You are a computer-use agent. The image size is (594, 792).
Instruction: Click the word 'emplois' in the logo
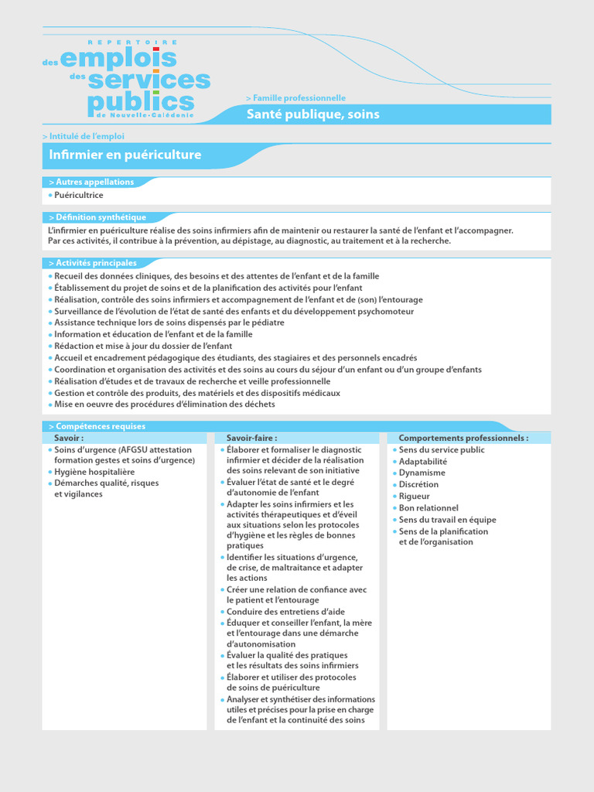click(x=118, y=58)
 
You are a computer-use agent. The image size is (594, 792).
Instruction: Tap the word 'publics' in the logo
click(x=141, y=102)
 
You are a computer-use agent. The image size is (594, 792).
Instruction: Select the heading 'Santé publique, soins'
click(x=312, y=114)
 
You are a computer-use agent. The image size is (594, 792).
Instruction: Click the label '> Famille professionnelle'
click(x=295, y=98)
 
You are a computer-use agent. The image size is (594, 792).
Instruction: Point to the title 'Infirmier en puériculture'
click(x=125, y=155)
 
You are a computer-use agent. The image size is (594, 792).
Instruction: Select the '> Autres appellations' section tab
click(x=90, y=182)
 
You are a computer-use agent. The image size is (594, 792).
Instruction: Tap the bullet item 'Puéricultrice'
click(x=78, y=195)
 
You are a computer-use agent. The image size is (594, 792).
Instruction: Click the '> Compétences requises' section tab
click(x=96, y=426)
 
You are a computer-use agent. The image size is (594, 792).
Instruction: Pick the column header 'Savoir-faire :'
click(x=251, y=438)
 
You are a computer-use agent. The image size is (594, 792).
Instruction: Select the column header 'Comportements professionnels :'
click(x=463, y=438)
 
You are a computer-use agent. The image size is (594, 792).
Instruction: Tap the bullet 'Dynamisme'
click(x=422, y=473)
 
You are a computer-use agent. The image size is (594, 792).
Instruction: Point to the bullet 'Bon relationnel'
click(x=428, y=508)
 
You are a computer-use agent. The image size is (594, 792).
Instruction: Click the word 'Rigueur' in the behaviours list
click(x=415, y=497)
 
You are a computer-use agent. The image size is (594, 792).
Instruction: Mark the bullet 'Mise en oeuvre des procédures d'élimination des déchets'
click(x=164, y=404)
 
